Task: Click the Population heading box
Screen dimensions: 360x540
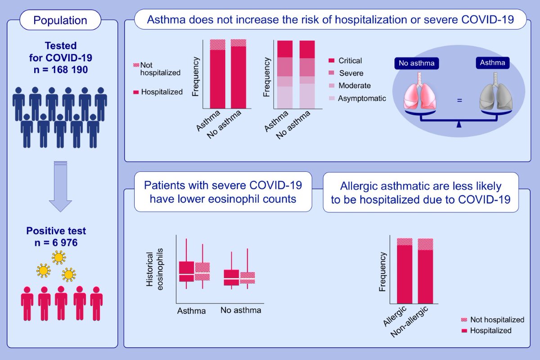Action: click(61, 20)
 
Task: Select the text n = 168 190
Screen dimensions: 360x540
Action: click(61, 71)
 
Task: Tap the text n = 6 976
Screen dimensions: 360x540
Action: click(62, 244)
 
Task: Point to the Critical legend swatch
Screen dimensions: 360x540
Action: click(332, 60)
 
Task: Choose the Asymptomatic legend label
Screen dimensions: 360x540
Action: click(362, 98)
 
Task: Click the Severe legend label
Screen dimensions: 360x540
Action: click(351, 73)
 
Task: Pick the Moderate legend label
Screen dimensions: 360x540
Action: click(355, 85)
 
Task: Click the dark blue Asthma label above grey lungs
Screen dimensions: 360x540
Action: click(493, 63)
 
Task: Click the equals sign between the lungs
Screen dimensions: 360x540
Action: click(459, 100)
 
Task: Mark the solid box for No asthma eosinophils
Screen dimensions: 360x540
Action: click(231, 277)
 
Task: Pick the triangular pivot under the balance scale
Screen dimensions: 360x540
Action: click(459, 124)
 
